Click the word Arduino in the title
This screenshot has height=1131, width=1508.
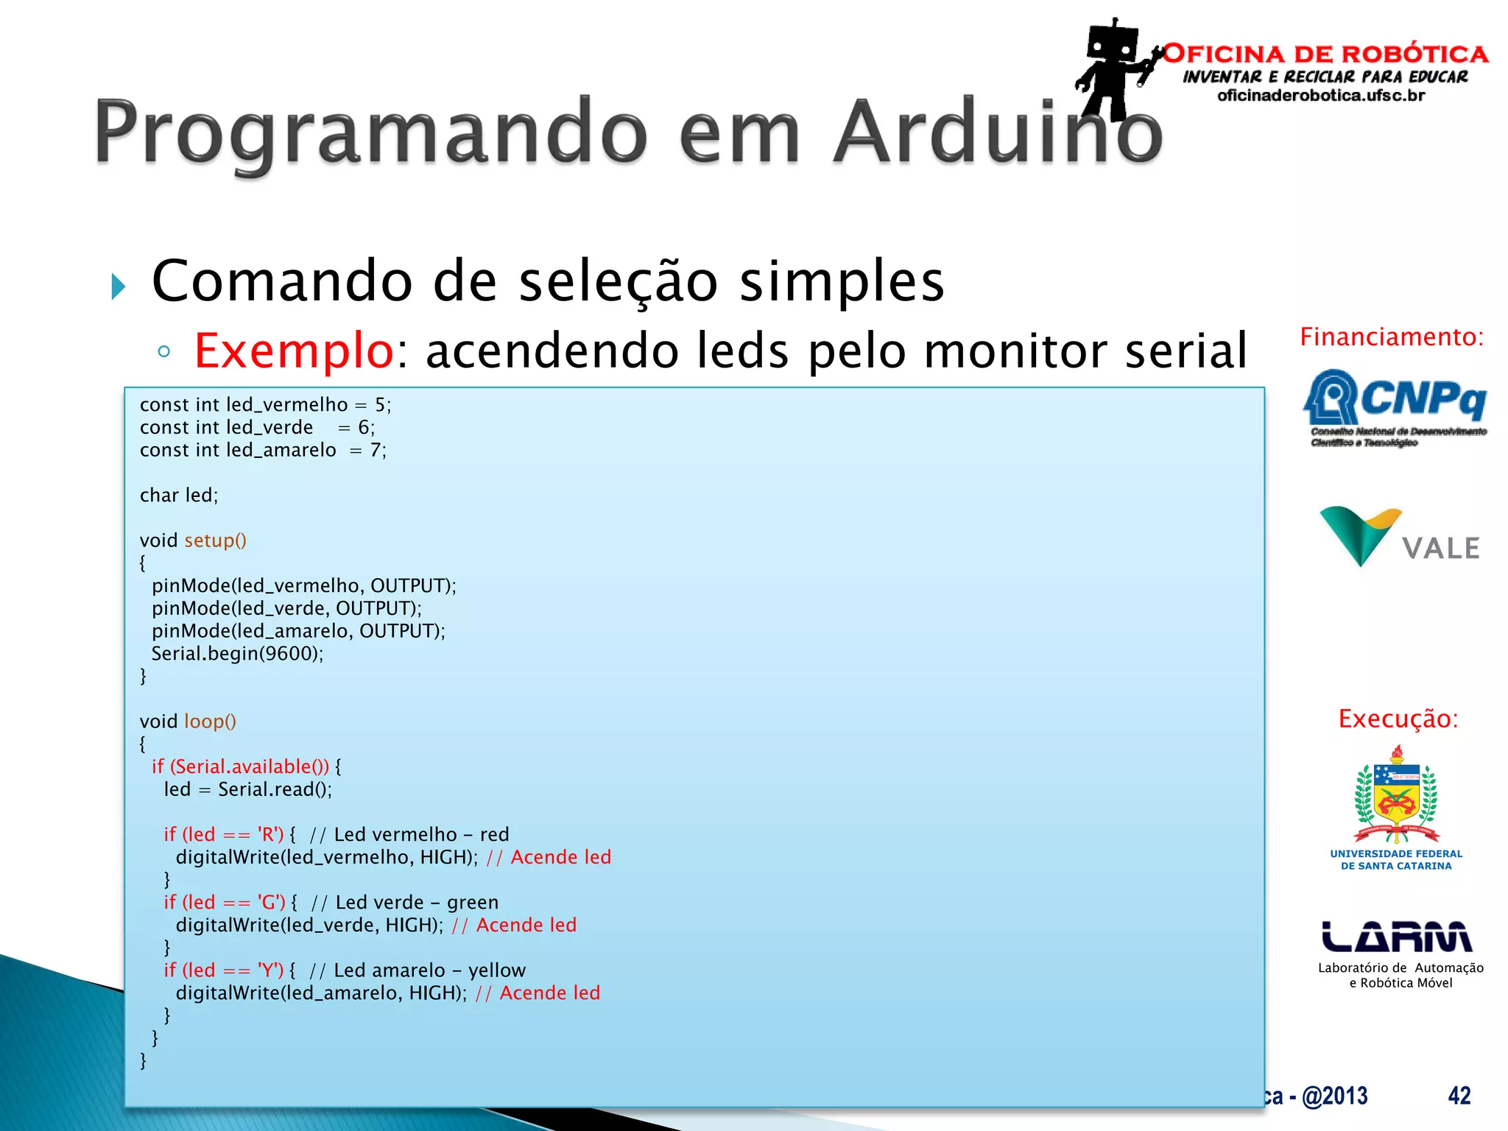(x=998, y=133)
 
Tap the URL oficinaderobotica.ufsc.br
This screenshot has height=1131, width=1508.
(x=1321, y=96)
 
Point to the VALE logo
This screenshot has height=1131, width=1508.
(x=1399, y=538)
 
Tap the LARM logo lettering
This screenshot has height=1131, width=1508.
(x=1396, y=937)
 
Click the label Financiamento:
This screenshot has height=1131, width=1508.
(x=1392, y=337)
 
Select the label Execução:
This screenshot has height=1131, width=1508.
(x=1398, y=719)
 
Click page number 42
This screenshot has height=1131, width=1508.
(x=1459, y=1096)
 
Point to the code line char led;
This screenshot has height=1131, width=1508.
(x=179, y=496)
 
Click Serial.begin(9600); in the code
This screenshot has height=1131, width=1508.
(x=237, y=654)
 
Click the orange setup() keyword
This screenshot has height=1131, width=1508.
(x=215, y=540)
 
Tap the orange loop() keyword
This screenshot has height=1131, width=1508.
(x=210, y=722)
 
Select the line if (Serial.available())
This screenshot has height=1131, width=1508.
(x=241, y=767)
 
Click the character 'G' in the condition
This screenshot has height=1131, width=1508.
(x=270, y=903)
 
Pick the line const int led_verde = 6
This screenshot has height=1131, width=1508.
(x=257, y=428)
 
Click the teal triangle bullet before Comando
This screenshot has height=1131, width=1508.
(x=119, y=286)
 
